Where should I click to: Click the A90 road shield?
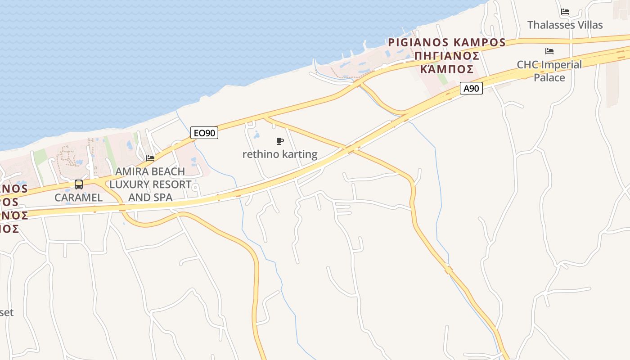(x=471, y=88)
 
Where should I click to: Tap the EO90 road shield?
(x=204, y=133)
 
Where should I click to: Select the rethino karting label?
(x=279, y=154)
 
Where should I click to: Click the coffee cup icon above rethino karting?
(x=280, y=141)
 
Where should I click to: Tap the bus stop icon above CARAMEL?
(x=79, y=184)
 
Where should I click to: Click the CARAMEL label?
(x=79, y=198)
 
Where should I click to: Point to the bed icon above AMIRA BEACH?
(x=150, y=158)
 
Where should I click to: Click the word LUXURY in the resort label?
(x=131, y=184)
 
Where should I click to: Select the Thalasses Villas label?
(x=565, y=25)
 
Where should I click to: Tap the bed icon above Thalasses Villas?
(x=565, y=12)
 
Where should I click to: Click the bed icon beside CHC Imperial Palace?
(x=549, y=51)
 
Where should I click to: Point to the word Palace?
(x=549, y=77)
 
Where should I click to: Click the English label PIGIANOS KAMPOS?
(x=447, y=42)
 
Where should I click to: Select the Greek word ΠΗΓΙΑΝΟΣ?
(x=446, y=56)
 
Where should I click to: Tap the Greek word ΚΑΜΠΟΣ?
(x=446, y=69)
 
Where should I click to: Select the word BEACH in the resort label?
(x=168, y=171)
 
